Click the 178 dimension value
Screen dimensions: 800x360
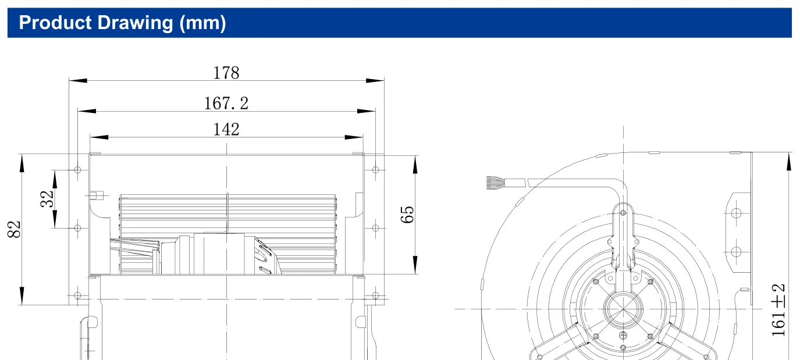pos(226,73)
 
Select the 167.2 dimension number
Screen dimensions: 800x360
pos(226,104)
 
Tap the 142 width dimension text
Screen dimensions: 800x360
pos(226,129)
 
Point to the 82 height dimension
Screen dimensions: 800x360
pos(15,229)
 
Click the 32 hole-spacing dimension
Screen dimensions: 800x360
pos(47,199)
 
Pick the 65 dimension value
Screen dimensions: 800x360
pos(407,215)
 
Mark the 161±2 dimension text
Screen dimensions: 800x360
pos(778,310)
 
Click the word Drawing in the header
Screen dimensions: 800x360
pos(135,23)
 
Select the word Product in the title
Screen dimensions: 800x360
pos(55,23)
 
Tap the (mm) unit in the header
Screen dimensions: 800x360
pos(202,23)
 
